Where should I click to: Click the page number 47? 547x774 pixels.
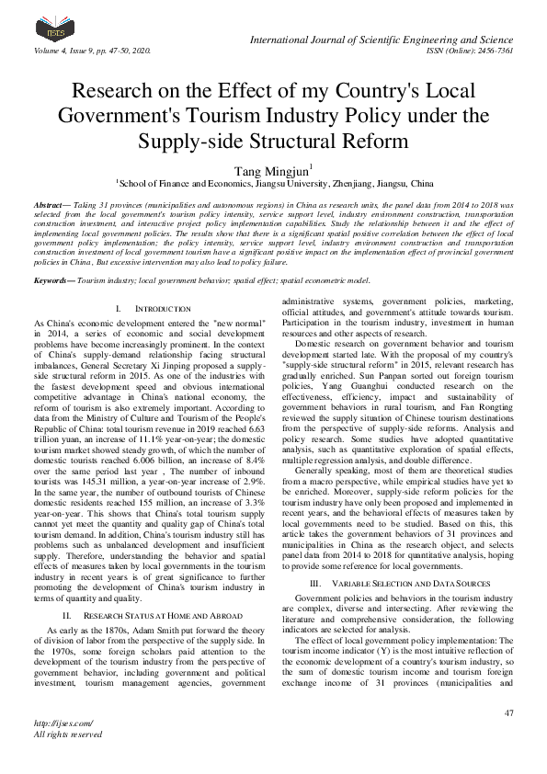[508, 713]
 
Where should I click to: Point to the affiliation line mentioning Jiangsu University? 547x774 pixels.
[273, 182]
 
